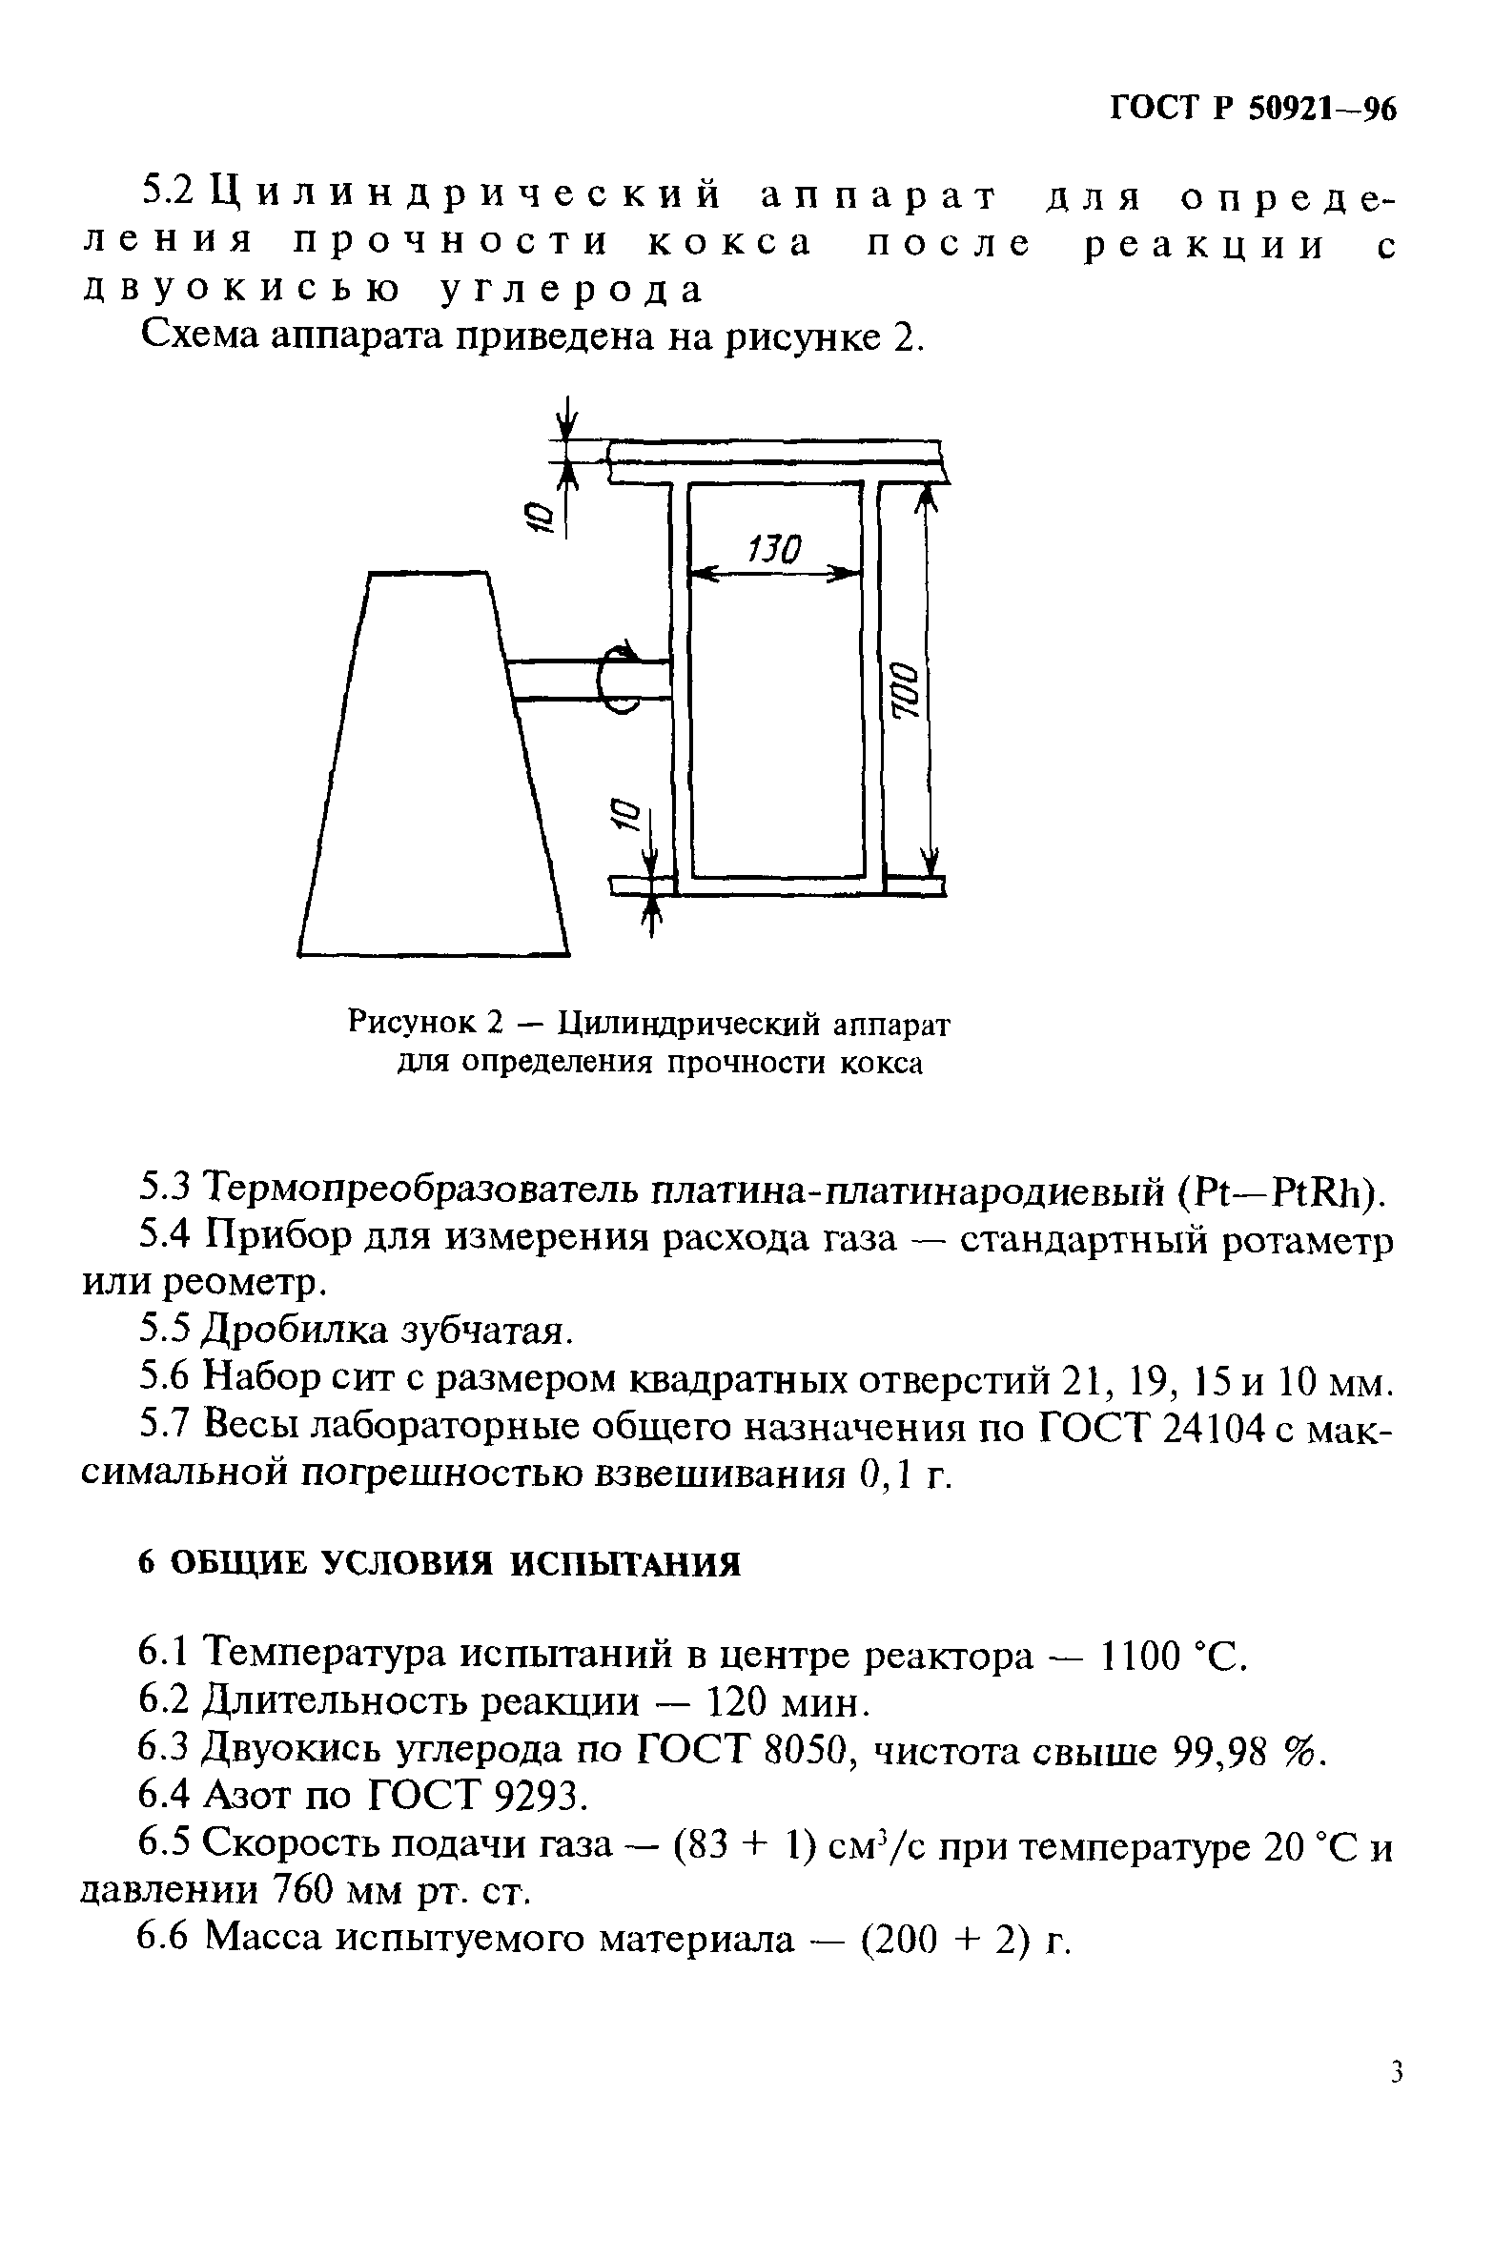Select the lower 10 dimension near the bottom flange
pos(622,816)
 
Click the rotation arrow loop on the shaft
pos(620,677)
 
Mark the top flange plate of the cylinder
pos(777,462)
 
